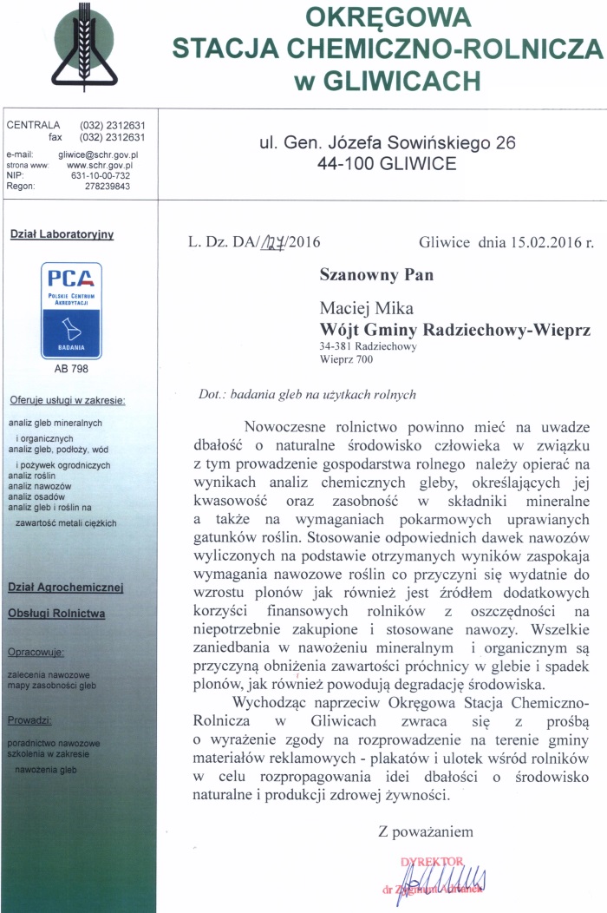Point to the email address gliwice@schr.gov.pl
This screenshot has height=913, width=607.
tap(99, 154)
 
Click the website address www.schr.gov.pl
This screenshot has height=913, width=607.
tap(100, 164)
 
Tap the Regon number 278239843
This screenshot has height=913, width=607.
tap(108, 186)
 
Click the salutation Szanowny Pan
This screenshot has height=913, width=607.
tap(376, 276)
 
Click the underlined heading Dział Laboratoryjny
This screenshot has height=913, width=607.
tap(62, 233)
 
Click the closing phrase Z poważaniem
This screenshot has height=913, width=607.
tap(426, 831)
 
